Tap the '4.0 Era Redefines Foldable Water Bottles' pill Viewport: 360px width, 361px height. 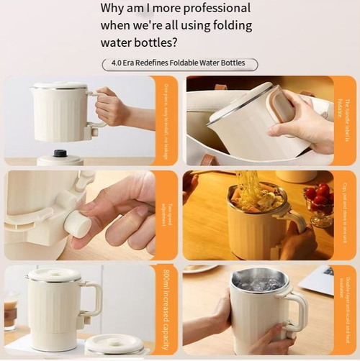point(179,63)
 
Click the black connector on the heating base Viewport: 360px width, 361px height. point(60,153)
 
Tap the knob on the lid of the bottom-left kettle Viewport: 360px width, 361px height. point(55,272)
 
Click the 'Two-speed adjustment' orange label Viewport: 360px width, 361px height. point(165,215)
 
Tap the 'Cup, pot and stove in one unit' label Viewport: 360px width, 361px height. point(344,215)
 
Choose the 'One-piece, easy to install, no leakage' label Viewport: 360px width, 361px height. point(165,119)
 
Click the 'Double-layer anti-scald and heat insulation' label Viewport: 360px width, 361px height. point(344,309)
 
